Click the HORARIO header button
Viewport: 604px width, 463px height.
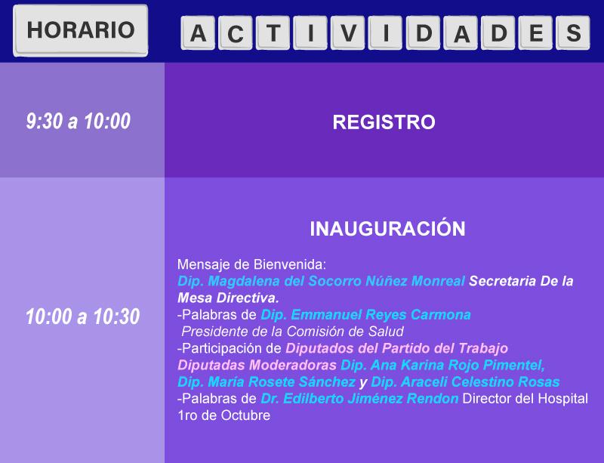click(81, 30)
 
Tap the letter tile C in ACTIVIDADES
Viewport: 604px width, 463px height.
click(235, 32)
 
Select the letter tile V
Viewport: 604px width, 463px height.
click(348, 32)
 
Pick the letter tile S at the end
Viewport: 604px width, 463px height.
click(573, 32)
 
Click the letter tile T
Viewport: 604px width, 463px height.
click(273, 32)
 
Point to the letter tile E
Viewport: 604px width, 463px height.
click(536, 32)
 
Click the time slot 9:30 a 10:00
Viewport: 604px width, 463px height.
click(79, 121)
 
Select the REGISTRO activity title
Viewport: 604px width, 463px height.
click(384, 122)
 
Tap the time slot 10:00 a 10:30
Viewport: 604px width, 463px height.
click(82, 316)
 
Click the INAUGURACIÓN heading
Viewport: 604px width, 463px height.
click(387, 228)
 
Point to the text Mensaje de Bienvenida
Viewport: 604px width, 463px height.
click(251, 264)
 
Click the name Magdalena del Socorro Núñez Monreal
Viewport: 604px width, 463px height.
click(336, 281)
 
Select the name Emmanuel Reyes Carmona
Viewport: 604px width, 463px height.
click(381, 315)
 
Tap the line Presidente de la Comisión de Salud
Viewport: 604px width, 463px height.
click(292, 332)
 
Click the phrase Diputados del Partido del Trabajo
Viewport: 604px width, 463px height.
click(397, 348)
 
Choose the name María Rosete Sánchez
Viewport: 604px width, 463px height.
click(282, 382)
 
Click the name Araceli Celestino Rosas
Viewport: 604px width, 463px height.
click(480, 382)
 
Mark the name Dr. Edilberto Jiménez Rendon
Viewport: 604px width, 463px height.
click(359, 399)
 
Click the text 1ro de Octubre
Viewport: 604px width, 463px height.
click(223, 415)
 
